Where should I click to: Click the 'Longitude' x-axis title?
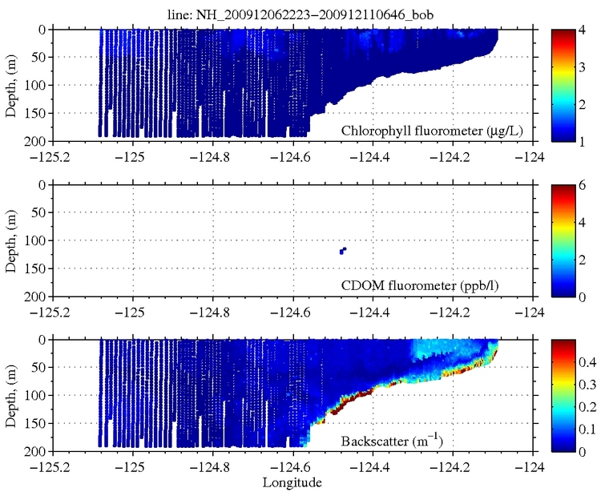click(292, 482)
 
